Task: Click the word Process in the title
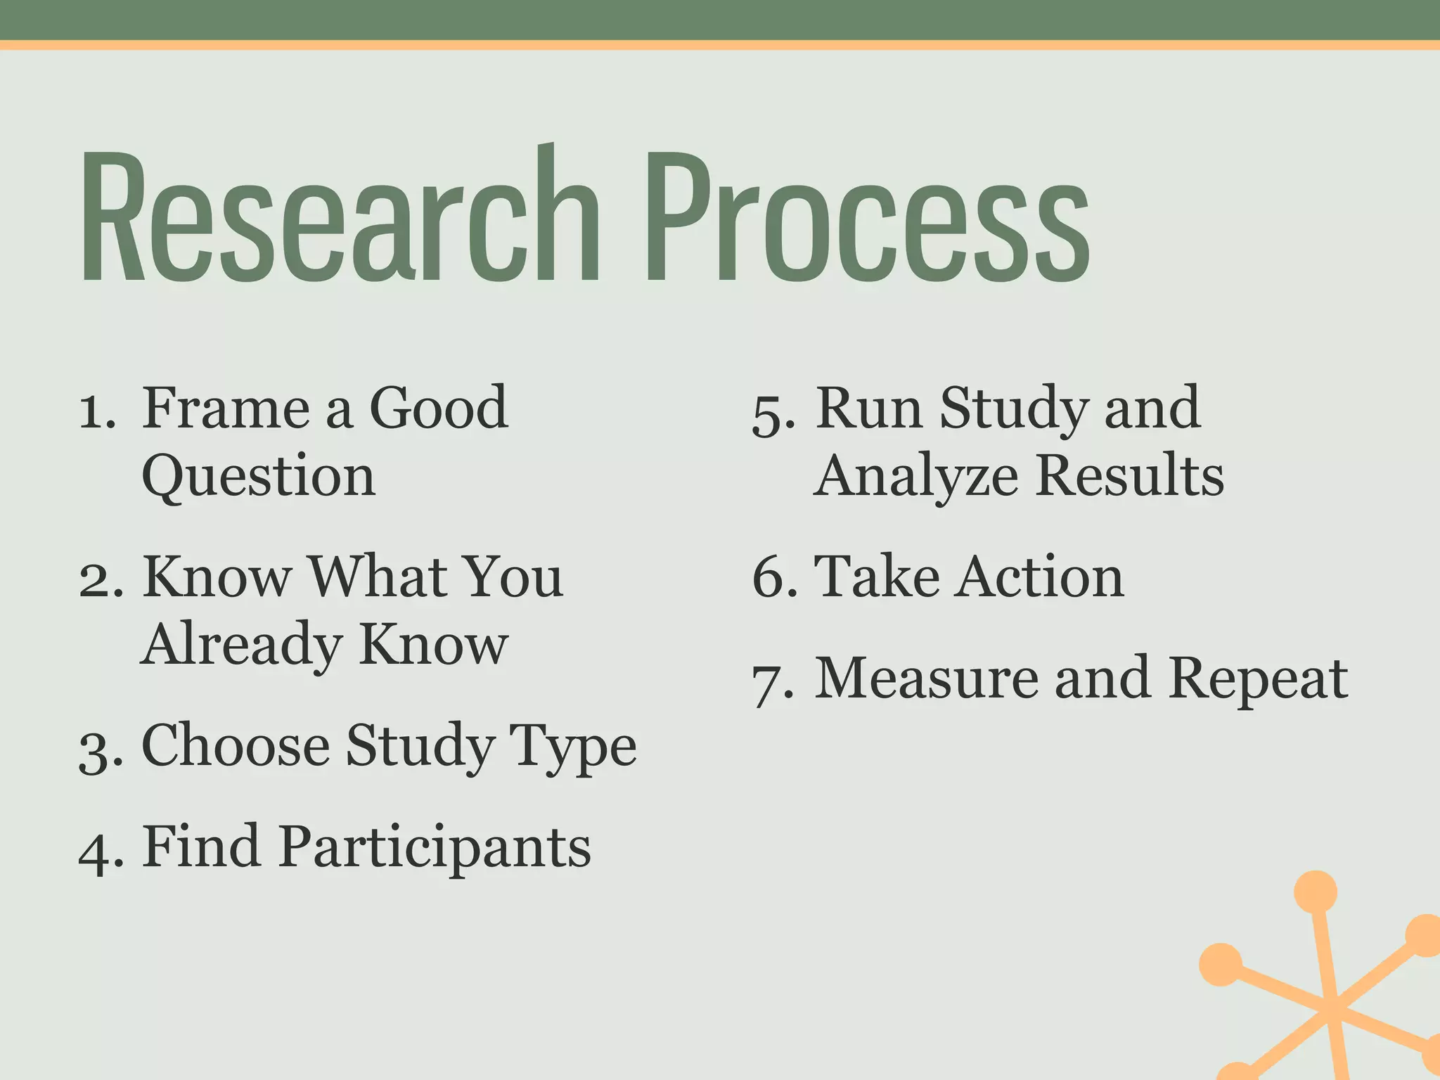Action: coord(868,218)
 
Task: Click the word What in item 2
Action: coord(376,577)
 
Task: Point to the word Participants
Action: coord(435,847)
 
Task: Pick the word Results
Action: coord(1130,477)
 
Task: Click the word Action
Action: coord(1041,577)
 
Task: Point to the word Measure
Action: coord(925,679)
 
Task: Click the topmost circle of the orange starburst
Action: coord(1315,892)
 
